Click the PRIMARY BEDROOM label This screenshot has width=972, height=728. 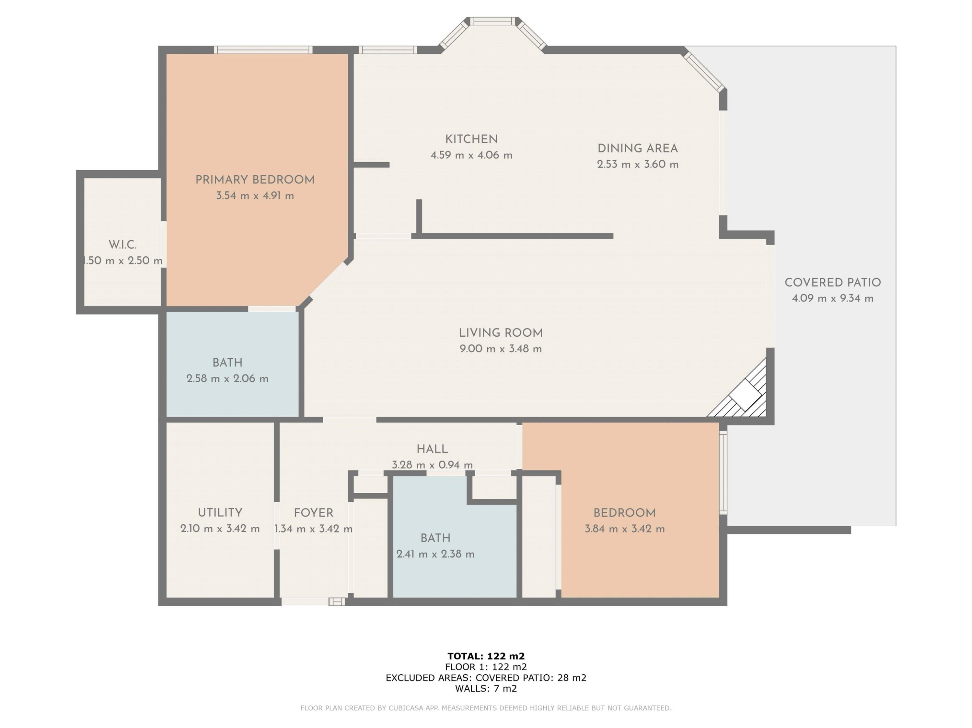[255, 180]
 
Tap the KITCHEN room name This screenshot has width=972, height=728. [471, 140]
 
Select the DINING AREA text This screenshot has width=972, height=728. [638, 149]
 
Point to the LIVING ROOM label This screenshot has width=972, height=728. [501, 333]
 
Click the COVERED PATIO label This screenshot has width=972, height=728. [833, 283]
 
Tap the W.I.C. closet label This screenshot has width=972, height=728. [122, 245]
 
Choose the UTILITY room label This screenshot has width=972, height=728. [220, 513]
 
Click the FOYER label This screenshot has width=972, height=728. [313, 513]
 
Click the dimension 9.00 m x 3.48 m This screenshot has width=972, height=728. [501, 349]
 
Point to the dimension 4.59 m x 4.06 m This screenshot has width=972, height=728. [471, 155]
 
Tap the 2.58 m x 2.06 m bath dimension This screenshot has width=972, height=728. [227, 378]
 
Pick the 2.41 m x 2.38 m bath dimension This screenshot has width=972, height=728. [435, 554]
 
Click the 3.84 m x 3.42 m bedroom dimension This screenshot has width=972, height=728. [624, 529]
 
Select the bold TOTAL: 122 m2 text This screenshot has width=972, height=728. [486, 656]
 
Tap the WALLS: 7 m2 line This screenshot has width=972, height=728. [486, 689]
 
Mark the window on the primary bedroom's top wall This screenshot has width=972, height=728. [263, 50]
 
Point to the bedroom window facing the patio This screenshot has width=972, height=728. [723, 472]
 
